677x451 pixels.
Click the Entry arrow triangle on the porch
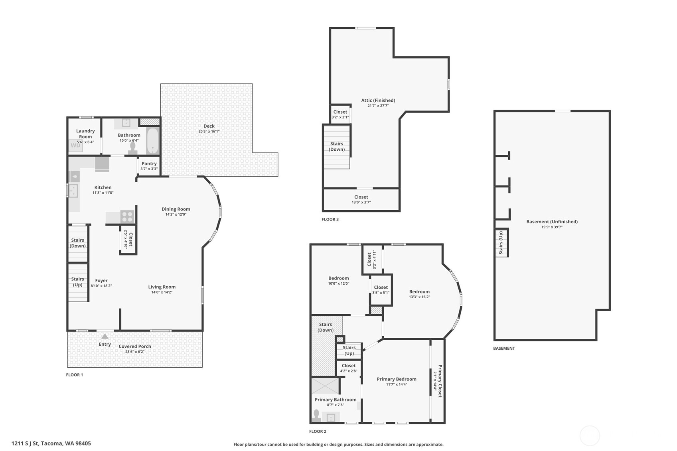105,337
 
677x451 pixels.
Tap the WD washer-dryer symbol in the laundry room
75,146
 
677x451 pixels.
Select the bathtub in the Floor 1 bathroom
152,141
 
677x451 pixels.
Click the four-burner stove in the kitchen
127,217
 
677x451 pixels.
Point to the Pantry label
149,163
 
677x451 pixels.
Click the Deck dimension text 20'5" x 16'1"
209,132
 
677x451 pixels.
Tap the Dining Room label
176,209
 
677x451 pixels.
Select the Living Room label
162,287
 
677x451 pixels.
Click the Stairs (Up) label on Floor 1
77,282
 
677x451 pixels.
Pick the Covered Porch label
135,346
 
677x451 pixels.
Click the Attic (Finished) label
378,100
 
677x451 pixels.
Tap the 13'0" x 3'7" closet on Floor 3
361,199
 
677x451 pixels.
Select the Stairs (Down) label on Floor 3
337,146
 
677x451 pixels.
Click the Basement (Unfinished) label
552,222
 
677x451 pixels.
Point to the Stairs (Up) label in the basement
501,243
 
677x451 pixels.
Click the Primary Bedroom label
397,379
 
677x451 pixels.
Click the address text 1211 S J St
51,443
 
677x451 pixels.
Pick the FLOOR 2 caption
318,431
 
